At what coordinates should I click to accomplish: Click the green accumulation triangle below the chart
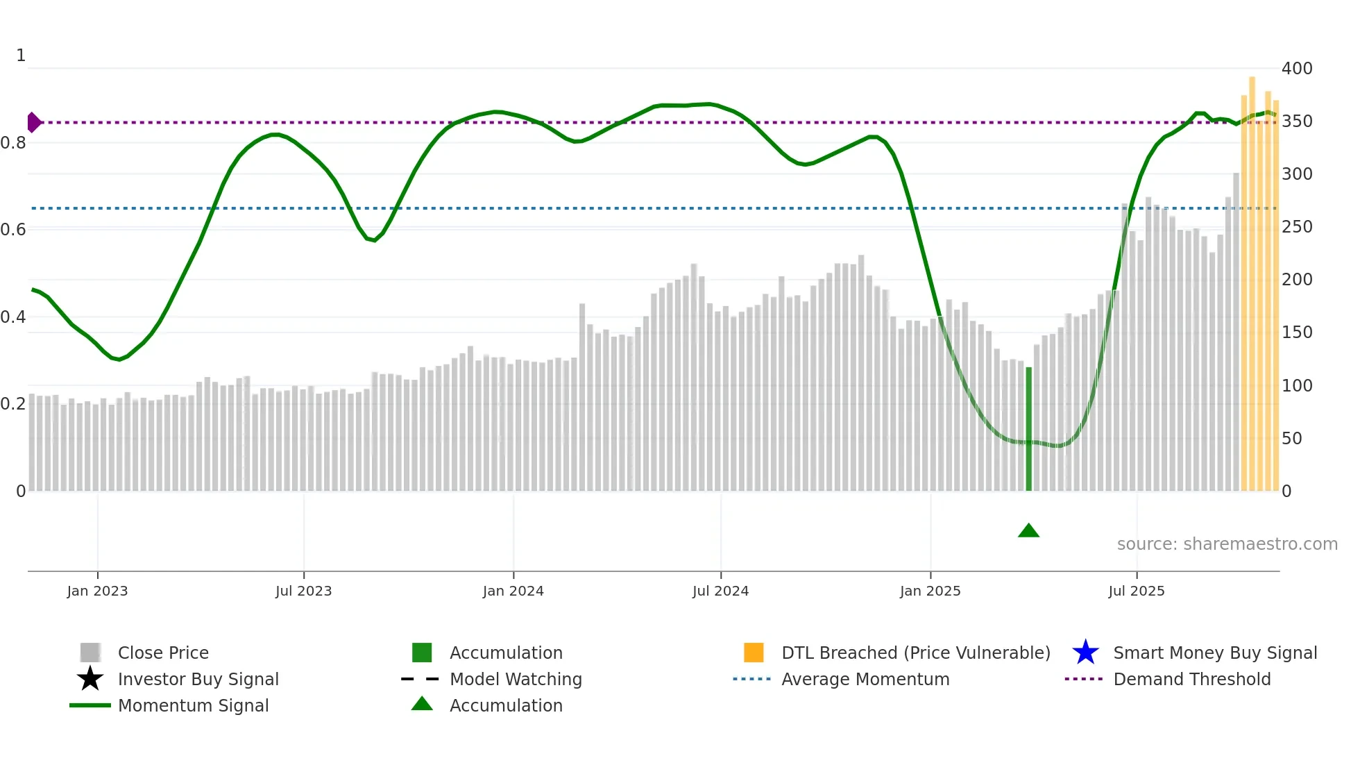pyautogui.click(x=1028, y=531)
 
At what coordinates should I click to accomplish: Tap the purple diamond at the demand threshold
pyautogui.click(x=33, y=122)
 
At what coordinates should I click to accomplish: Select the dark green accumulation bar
pyautogui.click(x=1029, y=429)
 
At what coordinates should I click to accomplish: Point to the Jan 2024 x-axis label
pyautogui.click(x=513, y=591)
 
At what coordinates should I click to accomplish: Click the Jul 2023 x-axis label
pyautogui.click(x=303, y=591)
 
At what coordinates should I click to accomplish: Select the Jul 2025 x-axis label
pyautogui.click(x=1136, y=591)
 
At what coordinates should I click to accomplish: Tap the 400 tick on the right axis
pyautogui.click(x=1296, y=68)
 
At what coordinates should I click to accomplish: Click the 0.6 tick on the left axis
pyautogui.click(x=14, y=229)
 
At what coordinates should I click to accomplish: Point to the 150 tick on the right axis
pyautogui.click(x=1296, y=332)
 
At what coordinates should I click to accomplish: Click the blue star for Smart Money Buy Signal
pyautogui.click(x=1085, y=653)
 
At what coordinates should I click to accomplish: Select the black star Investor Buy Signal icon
pyautogui.click(x=90, y=679)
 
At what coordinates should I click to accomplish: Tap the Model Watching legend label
pyautogui.click(x=516, y=679)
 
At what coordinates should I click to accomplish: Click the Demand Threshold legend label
pyautogui.click(x=1191, y=679)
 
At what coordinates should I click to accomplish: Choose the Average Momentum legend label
pyautogui.click(x=865, y=679)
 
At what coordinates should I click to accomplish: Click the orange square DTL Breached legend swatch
pyautogui.click(x=754, y=653)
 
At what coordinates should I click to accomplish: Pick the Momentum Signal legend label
pyautogui.click(x=193, y=705)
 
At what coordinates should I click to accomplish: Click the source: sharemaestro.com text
pyautogui.click(x=1227, y=544)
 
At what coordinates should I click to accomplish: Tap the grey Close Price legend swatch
pyautogui.click(x=90, y=653)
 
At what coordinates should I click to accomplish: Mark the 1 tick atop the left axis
pyautogui.click(x=21, y=56)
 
